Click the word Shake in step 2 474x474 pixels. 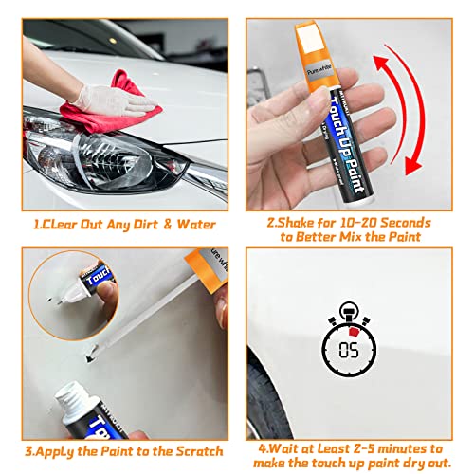(296, 223)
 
